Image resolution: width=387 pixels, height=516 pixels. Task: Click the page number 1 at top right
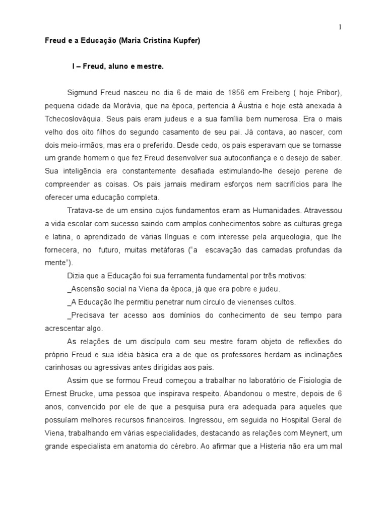pos(340,28)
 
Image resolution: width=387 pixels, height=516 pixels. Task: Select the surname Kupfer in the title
pos(185,42)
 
